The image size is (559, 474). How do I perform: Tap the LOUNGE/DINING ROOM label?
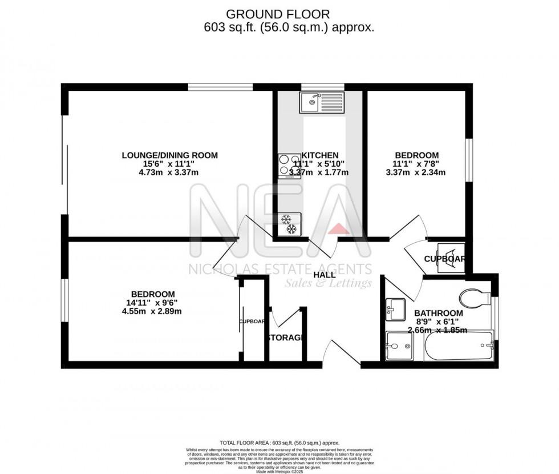point(169,155)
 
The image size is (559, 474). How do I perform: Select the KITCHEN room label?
point(320,155)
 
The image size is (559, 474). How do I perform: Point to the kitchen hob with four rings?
point(289,166)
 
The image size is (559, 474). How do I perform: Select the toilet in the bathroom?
point(475,297)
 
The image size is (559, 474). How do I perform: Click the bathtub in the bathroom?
point(459,346)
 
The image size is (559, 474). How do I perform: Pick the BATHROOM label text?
point(438,314)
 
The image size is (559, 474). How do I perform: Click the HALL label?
point(325,275)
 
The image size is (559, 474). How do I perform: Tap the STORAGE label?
point(285,338)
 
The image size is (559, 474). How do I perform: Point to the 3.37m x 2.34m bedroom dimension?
point(416,172)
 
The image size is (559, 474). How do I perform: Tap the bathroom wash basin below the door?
point(395,307)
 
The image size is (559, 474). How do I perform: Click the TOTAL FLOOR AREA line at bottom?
point(279,443)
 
